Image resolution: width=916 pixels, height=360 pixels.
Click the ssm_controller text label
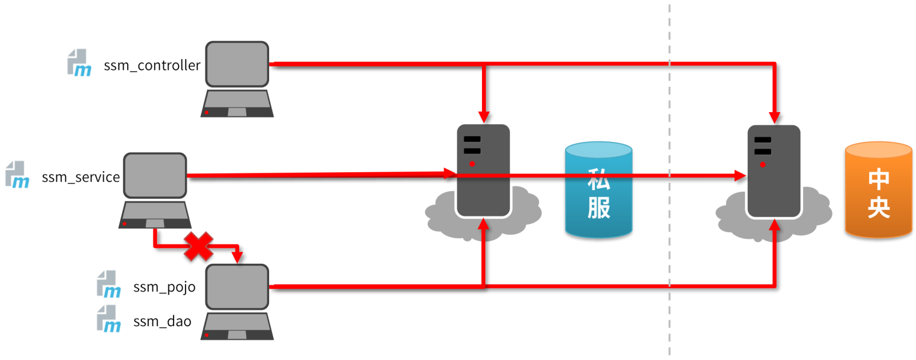point(152,65)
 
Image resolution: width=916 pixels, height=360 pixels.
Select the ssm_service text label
point(81,177)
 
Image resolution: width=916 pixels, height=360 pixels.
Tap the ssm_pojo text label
point(164,287)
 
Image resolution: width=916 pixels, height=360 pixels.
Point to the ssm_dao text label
point(163,322)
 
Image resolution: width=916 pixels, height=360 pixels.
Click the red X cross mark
point(198,247)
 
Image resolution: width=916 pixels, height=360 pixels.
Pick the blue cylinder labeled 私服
point(599,190)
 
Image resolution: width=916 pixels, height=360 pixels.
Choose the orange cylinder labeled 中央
point(878,190)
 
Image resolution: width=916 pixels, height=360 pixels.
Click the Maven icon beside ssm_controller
point(80,62)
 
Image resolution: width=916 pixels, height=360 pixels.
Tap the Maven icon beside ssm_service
point(17,175)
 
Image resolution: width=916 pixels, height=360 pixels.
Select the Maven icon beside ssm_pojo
point(109,284)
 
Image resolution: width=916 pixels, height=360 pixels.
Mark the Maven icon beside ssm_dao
point(109,319)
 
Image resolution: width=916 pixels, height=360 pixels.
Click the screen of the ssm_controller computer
point(237,64)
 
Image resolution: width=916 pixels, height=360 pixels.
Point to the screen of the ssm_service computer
point(155,176)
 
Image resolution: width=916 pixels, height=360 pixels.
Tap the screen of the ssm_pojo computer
point(237,287)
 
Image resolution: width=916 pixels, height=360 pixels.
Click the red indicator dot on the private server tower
point(472,164)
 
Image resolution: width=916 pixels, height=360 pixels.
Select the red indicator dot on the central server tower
point(763,165)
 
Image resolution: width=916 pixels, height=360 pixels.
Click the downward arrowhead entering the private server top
point(484,117)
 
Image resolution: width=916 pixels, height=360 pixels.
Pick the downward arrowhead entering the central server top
point(775,118)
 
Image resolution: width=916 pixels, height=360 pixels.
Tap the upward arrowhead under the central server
point(775,225)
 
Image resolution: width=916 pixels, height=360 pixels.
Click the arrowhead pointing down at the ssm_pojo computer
point(237,258)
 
